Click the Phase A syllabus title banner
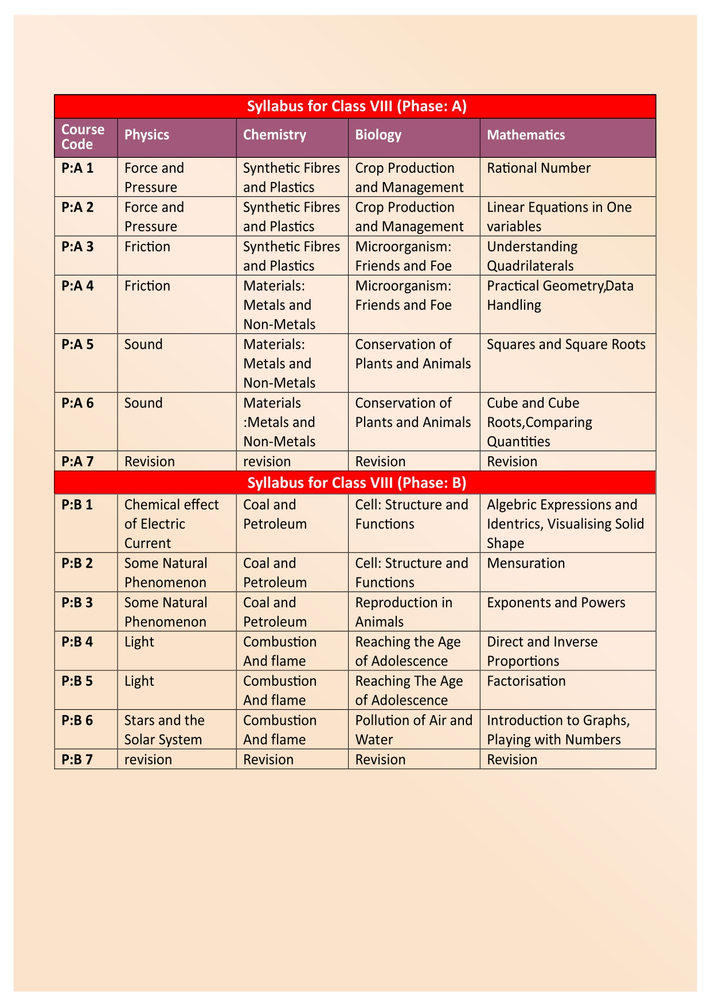(x=355, y=106)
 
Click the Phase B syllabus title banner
(x=355, y=483)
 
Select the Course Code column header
(x=83, y=137)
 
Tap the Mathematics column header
(x=526, y=135)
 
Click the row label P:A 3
(x=77, y=247)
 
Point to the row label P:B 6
(x=77, y=720)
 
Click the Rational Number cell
(x=538, y=168)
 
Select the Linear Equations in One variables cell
(x=558, y=216)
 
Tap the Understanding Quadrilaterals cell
(x=532, y=256)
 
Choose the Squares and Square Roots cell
(x=566, y=344)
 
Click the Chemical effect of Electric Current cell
(x=171, y=523)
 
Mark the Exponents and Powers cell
(x=556, y=603)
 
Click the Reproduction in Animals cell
(x=403, y=612)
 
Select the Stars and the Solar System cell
(x=164, y=729)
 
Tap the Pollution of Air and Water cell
(x=413, y=729)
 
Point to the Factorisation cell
(x=526, y=681)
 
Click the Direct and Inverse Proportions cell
(x=542, y=651)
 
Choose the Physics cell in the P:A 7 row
(x=150, y=461)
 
